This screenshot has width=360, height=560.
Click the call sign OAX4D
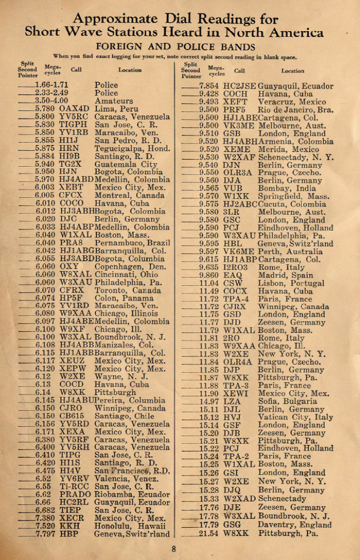pos(74,109)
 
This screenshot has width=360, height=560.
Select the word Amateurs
pos(114,101)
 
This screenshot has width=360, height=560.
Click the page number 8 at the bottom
pos(174,549)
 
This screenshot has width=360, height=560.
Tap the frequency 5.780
pos(45,109)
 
